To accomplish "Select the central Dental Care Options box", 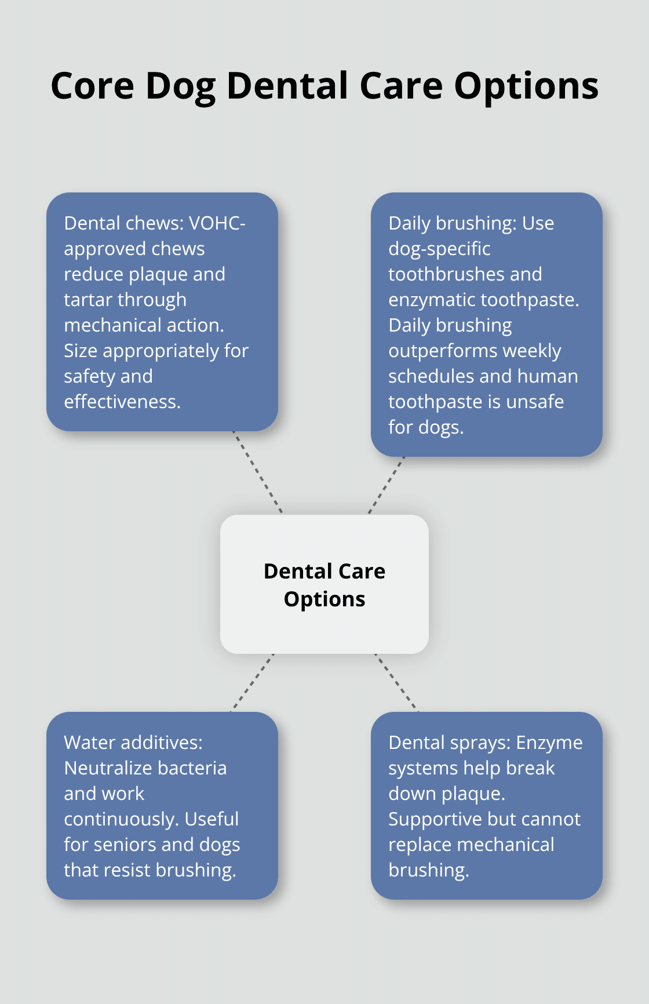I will tap(324, 584).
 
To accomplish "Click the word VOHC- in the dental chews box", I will tap(217, 223).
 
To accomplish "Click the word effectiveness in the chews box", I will tap(122, 402).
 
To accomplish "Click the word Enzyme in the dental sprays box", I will tap(549, 743).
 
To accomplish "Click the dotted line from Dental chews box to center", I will tap(258, 472).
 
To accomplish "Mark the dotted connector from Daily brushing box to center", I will tap(387, 485).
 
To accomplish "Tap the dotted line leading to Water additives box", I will tap(253, 682).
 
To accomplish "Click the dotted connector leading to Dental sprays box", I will tap(396, 682).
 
